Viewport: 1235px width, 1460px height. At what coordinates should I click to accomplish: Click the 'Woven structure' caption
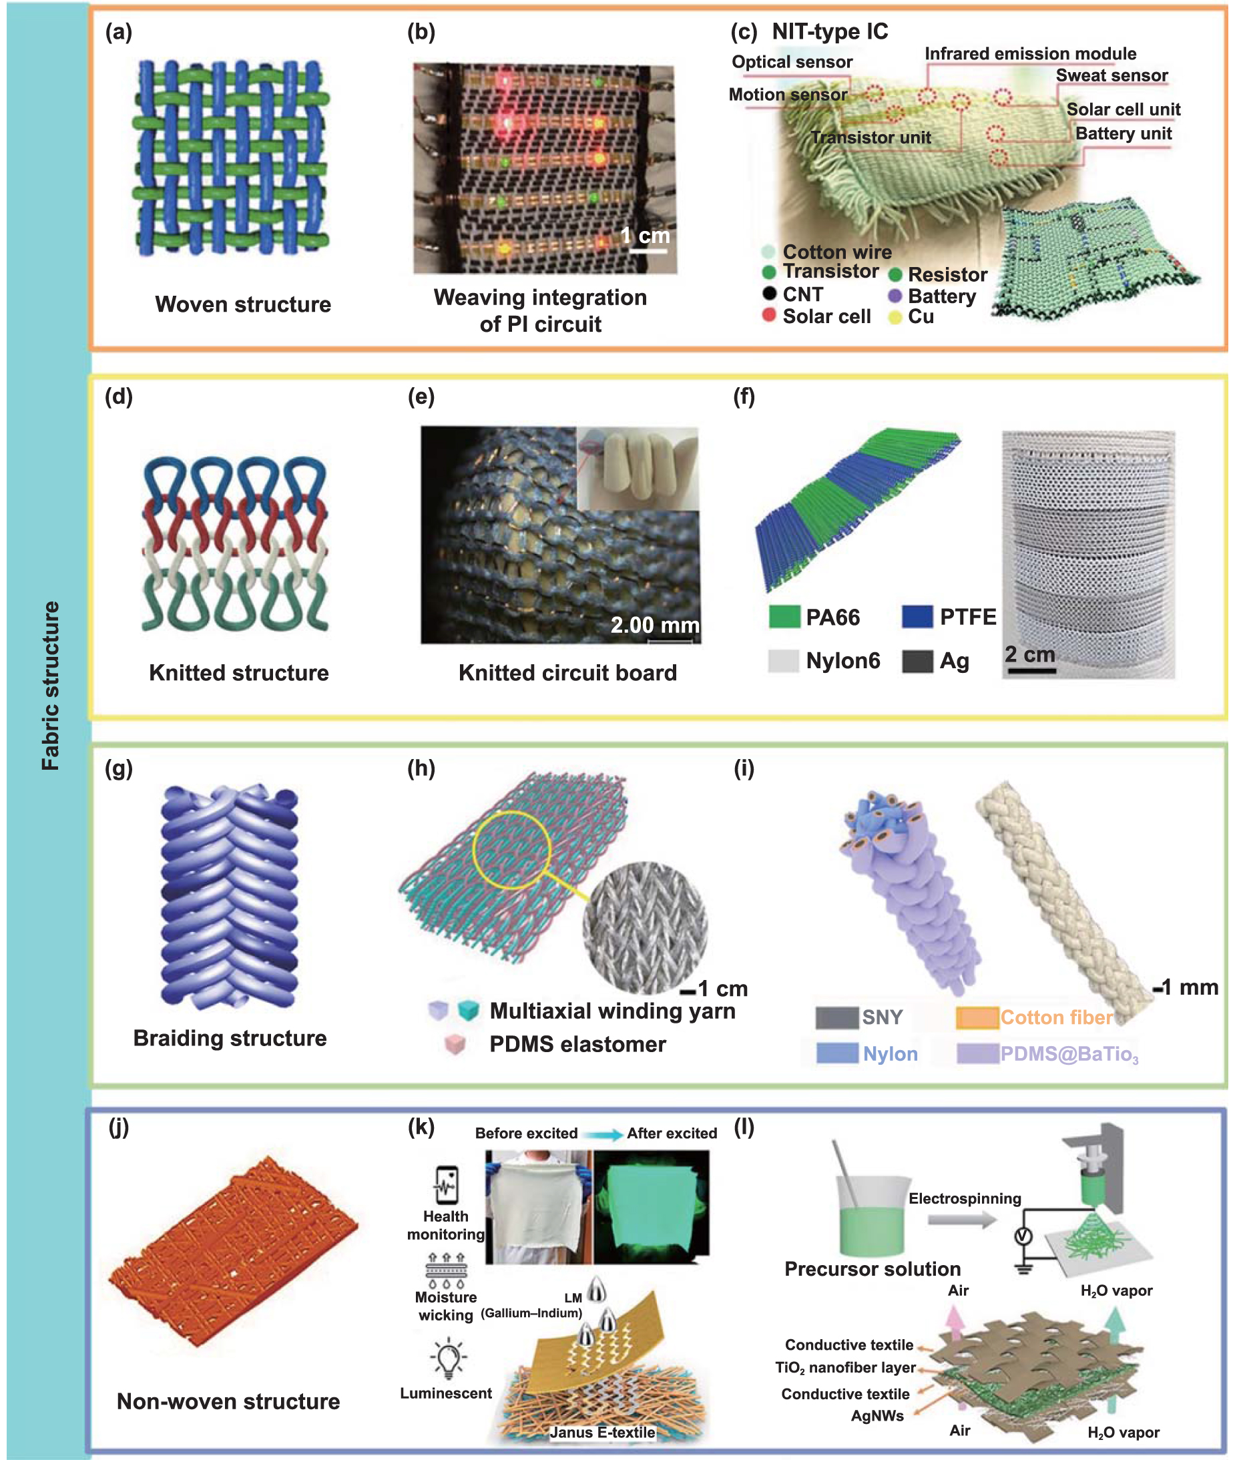[x=243, y=304]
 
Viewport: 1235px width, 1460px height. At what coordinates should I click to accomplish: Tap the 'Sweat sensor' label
[x=1111, y=75]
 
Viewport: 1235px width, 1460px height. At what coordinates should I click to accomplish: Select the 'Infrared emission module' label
[x=1030, y=54]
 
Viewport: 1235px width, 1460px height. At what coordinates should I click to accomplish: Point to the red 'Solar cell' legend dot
[x=769, y=315]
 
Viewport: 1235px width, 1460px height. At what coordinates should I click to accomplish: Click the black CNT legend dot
[x=769, y=293]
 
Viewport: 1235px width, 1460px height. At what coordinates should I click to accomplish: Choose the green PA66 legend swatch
[x=784, y=617]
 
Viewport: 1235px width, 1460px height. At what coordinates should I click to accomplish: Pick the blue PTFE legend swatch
[x=917, y=616]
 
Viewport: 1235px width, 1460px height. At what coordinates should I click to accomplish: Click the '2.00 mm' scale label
[x=655, y=625]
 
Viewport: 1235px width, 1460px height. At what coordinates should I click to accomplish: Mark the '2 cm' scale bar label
[x=1029, y=654]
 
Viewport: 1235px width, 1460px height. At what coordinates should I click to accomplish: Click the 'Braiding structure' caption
[x=230, y=1038]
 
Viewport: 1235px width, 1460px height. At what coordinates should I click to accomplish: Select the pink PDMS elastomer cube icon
[x=455, y=1045]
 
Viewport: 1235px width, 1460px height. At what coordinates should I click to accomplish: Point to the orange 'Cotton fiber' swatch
[x=977, y=1017]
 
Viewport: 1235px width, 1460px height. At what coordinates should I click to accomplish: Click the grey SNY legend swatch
[x=836, y=1017]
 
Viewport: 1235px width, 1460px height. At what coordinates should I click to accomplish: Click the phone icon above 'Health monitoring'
[x=447, y=1185]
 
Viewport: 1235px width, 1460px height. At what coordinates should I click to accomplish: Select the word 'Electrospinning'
[x=964, y=1198]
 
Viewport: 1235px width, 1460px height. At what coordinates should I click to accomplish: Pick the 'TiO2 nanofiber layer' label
[x=845, y=1368]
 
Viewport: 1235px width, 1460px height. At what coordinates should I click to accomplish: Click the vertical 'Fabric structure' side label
[x=51, y=686]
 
